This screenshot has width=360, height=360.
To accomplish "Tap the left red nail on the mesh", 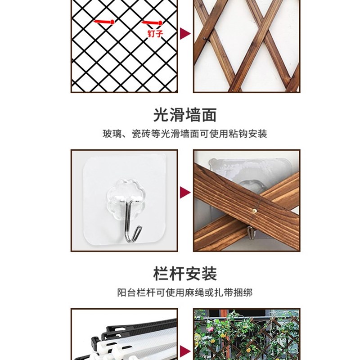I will [x=105, y=21].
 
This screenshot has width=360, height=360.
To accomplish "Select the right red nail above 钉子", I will [x=152, y=22].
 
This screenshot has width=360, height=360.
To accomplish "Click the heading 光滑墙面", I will [x=184, y=115].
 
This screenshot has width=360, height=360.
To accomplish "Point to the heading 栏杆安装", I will [x=184, y=274].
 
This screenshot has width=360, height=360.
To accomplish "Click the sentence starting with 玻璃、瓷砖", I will [x=184, y=134].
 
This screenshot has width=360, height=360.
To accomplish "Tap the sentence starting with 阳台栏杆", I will [x=184, y=292].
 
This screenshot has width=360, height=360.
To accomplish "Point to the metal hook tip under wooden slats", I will [x=250, y=233].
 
